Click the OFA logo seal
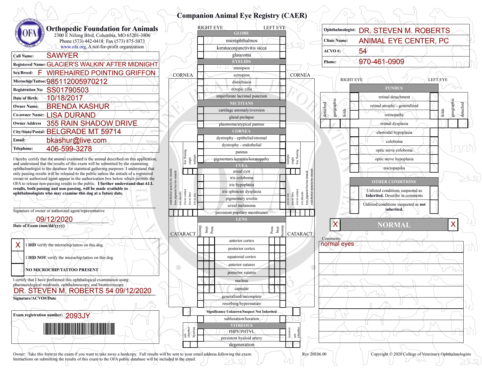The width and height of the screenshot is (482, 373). pyautogui.click(x=30, y=33)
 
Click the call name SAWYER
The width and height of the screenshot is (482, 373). pyautogui.click(x=62, y=56)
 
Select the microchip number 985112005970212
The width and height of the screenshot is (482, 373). pyautogui.click(x=77, y=81)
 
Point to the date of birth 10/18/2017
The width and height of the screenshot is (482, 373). pyautogui.click(x=65, y=98)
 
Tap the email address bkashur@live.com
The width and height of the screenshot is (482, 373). pyautogui.click(x=76, y=140)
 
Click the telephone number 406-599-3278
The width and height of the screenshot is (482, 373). pyautogui.click(x=69, y=149)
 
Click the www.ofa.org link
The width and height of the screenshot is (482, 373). pyautogui.click(x=73, y=47)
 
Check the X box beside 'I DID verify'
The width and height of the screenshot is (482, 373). pyautogui.click(x=18, y=245)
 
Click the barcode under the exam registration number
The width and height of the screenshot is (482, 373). pyautogui.click(x=79, y=329)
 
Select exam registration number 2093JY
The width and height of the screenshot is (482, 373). pyautogui.click(x=78, y=316)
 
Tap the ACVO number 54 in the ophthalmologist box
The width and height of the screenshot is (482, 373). pyautogui.click(x=363, y=51)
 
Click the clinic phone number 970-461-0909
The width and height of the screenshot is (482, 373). pyautogui.click(x=381, y=62)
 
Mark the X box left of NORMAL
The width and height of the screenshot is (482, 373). pyautogui.click(x=335, y=224)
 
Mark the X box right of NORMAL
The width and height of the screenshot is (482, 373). pyautogui.click(x=453, y=224)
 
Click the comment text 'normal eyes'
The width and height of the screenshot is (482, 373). pyautogui.click(x=337, y=244)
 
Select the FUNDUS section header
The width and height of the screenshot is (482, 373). pyautogui.click(x=394, y=88)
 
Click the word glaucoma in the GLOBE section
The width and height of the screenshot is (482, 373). pyautogui.click(x=242, y=55)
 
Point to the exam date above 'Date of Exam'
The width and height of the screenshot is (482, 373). pyautogui.click(x=54, y=219)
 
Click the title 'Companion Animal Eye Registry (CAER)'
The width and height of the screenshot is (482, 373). pyautogui.click(x=242, y=16)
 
